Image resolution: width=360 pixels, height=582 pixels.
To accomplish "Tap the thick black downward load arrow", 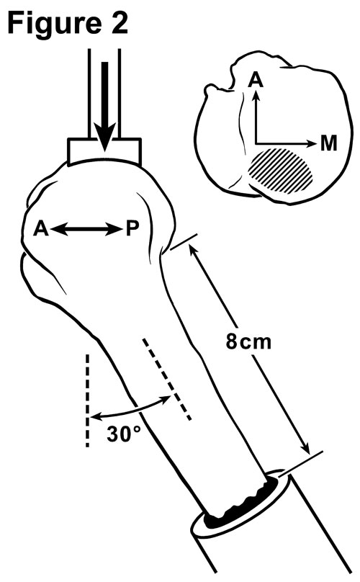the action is click(104, 107).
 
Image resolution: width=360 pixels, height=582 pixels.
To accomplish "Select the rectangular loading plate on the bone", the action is click(104, 151).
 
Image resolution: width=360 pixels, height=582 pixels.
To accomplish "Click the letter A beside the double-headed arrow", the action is click(40, 229).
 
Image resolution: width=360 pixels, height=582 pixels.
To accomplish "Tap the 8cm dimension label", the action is click(248, 341).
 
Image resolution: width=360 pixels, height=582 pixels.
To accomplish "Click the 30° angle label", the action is click(124, 434).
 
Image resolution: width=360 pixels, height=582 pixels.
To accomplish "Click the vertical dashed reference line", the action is click(88, 400).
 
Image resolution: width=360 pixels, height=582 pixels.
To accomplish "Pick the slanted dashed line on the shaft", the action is click(166, 379).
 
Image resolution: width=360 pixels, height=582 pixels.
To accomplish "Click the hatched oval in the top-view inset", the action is click(281, 171).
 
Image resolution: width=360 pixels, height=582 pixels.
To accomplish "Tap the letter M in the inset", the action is click(328, 143).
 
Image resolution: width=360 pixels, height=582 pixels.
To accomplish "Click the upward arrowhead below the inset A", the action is click(256, 97).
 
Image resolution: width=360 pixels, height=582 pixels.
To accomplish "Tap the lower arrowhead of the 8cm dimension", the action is click(304, 447).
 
